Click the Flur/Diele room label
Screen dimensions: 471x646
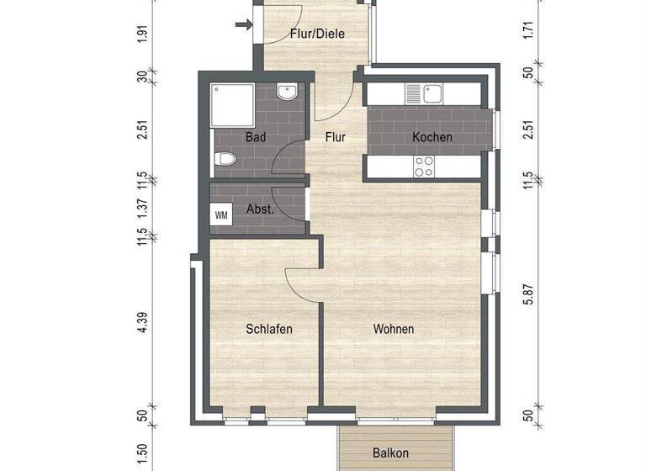(x=317, y=34)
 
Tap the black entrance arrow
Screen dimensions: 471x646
(x=244, y=24)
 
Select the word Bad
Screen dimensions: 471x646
(x=256, y=136)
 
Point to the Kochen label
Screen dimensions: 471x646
(x=432, y=137)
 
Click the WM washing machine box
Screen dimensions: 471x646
(x=221, y=214)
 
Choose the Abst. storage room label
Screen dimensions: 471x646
(x=260, y=209)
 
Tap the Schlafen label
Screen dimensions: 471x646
(x=269, y=329)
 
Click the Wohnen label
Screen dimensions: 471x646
(x=394, y=329)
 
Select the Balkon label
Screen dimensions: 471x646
(x=390, y=453)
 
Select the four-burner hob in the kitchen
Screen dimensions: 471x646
(x=424, y=167)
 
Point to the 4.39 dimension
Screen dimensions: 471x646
(x=143, y=325)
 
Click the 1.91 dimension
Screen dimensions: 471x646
(x=143, y=34)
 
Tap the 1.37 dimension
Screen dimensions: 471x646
(x=143, y=207)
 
